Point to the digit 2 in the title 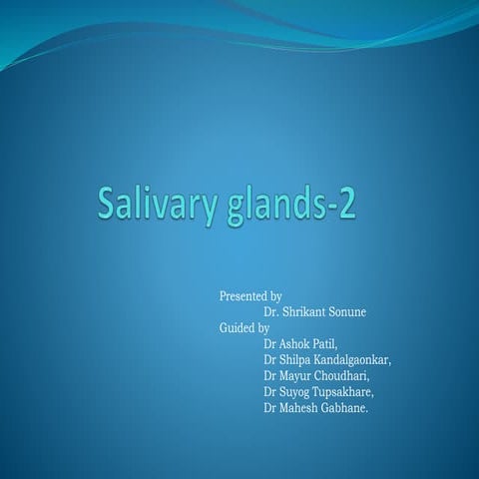345,205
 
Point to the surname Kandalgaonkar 354,360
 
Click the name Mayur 296,376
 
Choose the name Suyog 296,392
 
